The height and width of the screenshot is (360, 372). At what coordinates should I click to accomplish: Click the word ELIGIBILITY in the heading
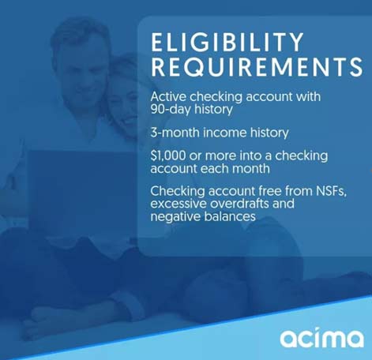[x=227, y=42]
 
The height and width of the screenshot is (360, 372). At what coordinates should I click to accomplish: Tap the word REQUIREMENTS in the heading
[x=257, y=67]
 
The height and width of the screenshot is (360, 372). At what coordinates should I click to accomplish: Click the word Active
[x=168, y=96]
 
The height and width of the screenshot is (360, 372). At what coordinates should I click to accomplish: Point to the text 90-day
[x=171, y=110]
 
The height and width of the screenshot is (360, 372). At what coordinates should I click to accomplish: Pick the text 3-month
[x=175, y=133]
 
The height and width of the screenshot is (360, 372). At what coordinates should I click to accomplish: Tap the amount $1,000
[x=168, y=156]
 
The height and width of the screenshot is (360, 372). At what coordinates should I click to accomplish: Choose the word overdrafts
[x=239, y=204]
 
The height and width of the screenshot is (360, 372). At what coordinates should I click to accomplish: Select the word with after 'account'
[x=308, y=96]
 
